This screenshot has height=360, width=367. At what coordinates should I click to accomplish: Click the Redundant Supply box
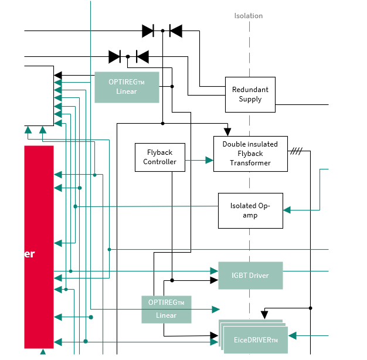[250, 94]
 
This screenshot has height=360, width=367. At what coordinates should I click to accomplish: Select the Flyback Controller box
[159, 157]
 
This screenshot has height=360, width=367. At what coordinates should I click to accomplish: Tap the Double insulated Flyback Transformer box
[250, 154]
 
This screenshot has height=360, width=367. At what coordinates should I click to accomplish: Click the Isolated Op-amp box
[250, 210]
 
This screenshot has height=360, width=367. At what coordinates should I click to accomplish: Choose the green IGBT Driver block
[250, 276]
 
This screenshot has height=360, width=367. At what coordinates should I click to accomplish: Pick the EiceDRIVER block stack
[255, 338]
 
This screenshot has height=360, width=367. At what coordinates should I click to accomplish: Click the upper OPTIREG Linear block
[127, 87]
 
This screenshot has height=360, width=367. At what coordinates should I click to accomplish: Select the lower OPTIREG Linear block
[166, 309]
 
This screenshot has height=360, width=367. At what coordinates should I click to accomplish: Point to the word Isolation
[249, 16]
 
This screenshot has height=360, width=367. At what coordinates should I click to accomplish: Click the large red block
[39, 246]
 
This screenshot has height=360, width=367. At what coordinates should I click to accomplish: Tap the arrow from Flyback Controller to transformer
[209, 159]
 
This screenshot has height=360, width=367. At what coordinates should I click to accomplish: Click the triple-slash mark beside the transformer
[296, 151]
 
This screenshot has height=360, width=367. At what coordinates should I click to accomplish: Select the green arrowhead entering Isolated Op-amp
[287, 209]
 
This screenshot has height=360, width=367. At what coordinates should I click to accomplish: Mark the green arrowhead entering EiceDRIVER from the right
[293, 335]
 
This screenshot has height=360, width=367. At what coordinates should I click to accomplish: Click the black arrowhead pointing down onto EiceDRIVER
[264, 315]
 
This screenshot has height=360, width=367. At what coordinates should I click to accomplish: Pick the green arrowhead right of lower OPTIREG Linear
[216, 309]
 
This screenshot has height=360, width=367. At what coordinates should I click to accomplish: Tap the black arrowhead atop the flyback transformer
[227, 132]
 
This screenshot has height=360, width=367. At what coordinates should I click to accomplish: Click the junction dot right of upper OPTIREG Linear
[172, 86]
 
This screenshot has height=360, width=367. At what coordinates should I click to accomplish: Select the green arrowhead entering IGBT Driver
[214, 271]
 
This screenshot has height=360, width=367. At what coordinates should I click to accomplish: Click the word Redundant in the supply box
[250, 90]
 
